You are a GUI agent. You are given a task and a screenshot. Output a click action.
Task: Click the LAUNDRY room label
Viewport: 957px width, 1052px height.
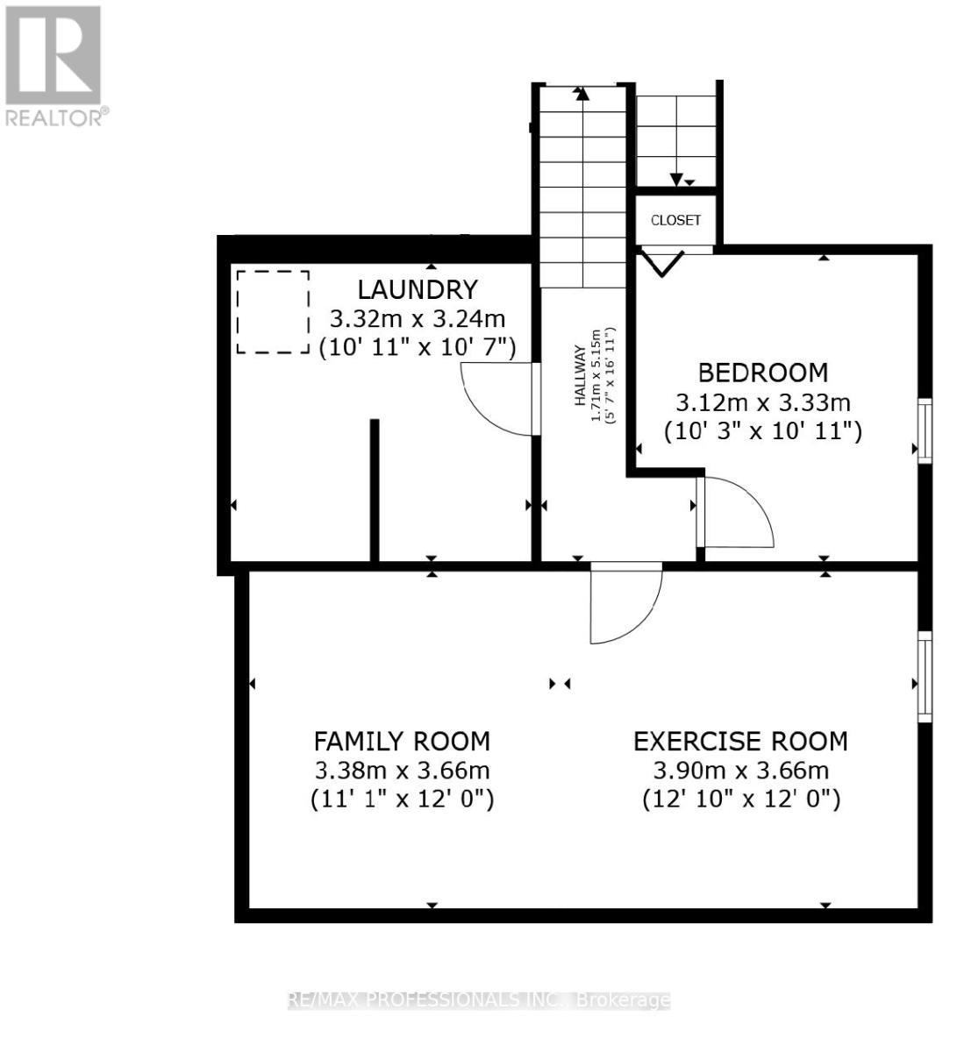pos(417,289)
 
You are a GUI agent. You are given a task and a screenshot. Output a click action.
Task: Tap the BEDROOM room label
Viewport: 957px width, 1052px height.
pos(762,373)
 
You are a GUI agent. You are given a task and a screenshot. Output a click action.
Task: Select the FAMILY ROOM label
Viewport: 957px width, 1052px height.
pos(402,742)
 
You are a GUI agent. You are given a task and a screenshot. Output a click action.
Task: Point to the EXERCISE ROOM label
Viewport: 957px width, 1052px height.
pos(740,742)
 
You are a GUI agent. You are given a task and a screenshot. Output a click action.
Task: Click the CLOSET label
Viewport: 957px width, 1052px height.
pos(675,220)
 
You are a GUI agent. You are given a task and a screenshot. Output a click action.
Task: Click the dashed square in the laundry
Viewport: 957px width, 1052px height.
pos(273,312)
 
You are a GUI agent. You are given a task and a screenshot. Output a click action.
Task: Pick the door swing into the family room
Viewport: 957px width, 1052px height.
pos(625,602)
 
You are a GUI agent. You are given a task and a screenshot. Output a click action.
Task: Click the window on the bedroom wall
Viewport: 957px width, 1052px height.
pos(924,430)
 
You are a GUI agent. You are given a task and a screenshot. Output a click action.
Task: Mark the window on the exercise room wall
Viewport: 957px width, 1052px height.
pos(924,676)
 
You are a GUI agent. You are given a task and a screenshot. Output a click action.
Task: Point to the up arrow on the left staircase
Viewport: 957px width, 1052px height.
pos(581,93)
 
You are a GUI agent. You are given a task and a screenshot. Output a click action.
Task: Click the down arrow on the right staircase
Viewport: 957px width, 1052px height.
pos(676,179)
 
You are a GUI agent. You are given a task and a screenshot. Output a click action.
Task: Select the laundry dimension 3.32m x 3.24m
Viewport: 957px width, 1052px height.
pos(417,318)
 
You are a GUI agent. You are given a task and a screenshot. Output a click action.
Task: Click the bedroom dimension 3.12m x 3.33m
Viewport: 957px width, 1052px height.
pos(762,402)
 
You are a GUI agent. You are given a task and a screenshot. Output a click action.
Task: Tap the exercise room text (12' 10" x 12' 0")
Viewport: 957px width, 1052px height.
pos(740,800)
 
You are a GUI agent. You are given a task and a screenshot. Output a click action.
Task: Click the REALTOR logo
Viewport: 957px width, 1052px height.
pos(54,66)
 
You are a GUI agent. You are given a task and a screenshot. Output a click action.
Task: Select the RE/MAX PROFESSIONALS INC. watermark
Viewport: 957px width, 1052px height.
pos(479,1000)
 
